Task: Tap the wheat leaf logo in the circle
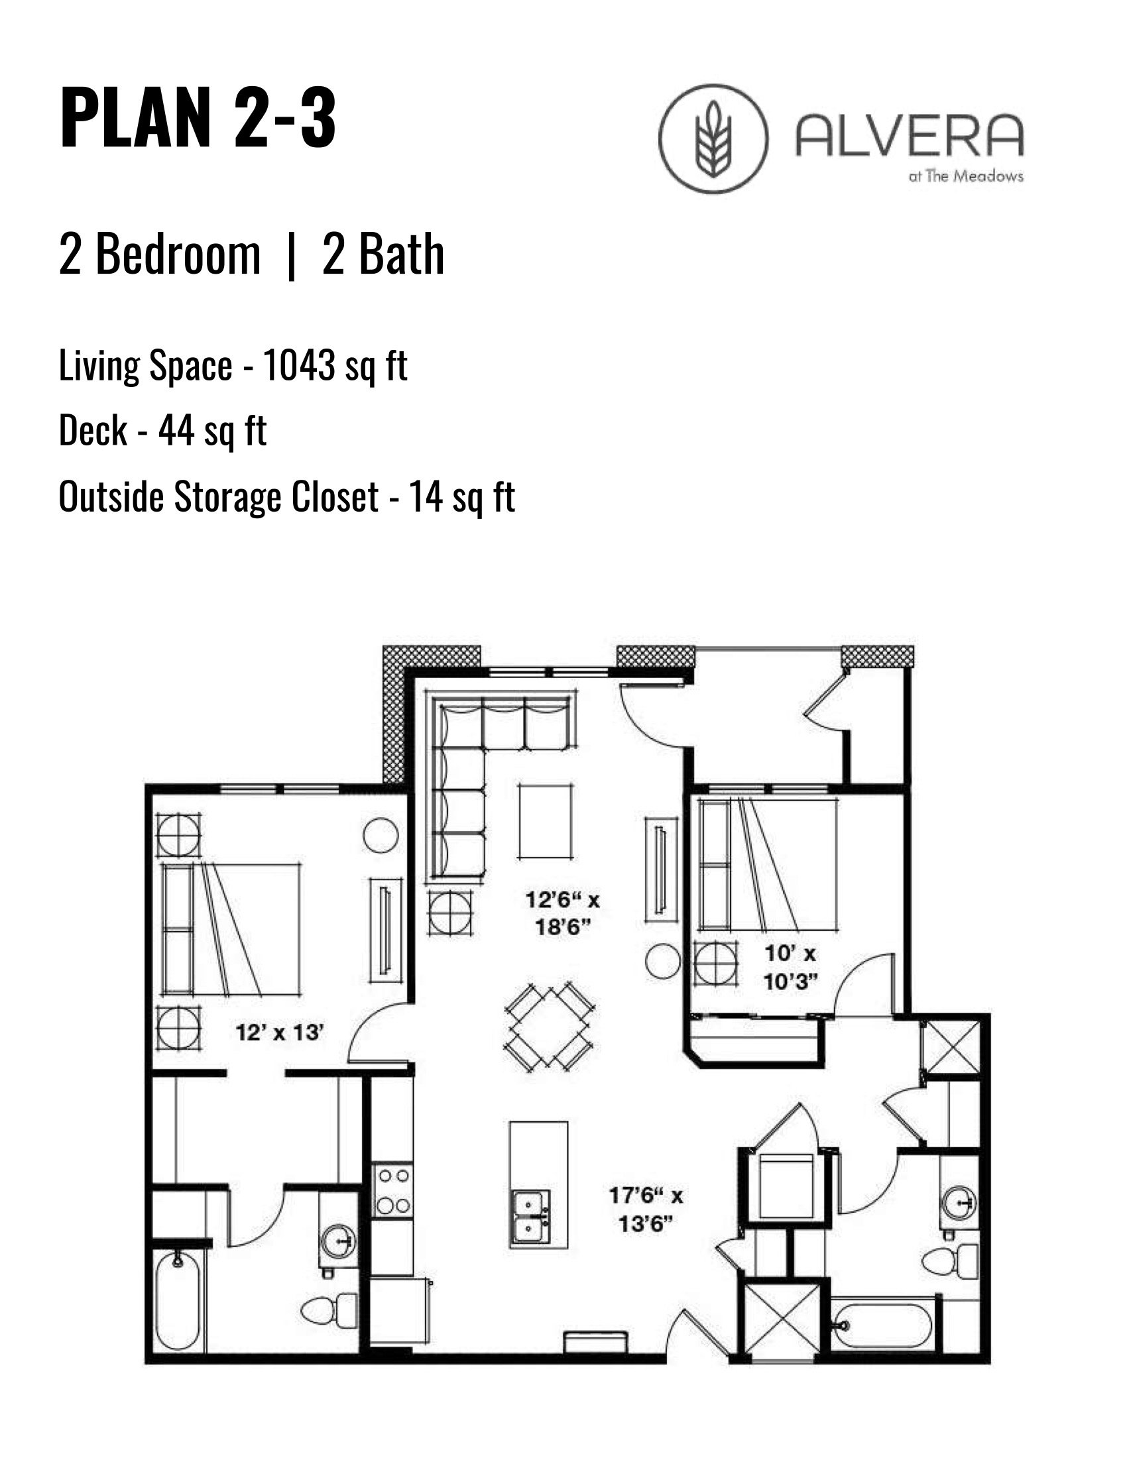coord(713,139)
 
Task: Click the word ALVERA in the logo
coord(910,136)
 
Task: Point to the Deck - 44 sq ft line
coord(162,431)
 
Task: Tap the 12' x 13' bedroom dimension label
coord(280,1033)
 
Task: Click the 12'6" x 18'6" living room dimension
coord(562,913)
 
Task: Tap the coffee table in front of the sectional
coord(546,822)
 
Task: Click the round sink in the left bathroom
coord(339,1242)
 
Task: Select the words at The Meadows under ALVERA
coord(965,177)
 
